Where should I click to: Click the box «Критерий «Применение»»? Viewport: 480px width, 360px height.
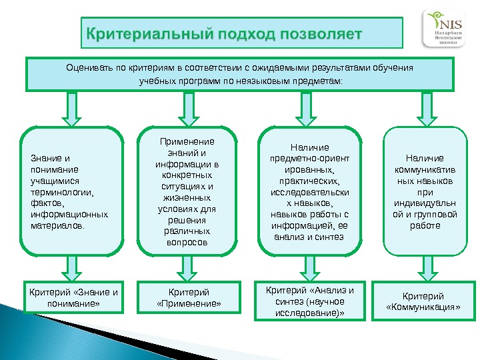tap(187, 298)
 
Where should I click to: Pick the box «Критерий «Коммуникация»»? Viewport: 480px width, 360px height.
tap(424, 301)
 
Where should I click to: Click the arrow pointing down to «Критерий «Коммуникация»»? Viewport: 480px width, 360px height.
tap(425, 270)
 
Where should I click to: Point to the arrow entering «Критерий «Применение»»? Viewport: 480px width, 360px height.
tap(187, 270)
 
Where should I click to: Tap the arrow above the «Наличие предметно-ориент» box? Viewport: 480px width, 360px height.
tap(308, 108)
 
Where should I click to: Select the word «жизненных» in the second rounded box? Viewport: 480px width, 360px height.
tap(187, 198)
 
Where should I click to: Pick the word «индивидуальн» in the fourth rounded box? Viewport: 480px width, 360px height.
tap(425, 203)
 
